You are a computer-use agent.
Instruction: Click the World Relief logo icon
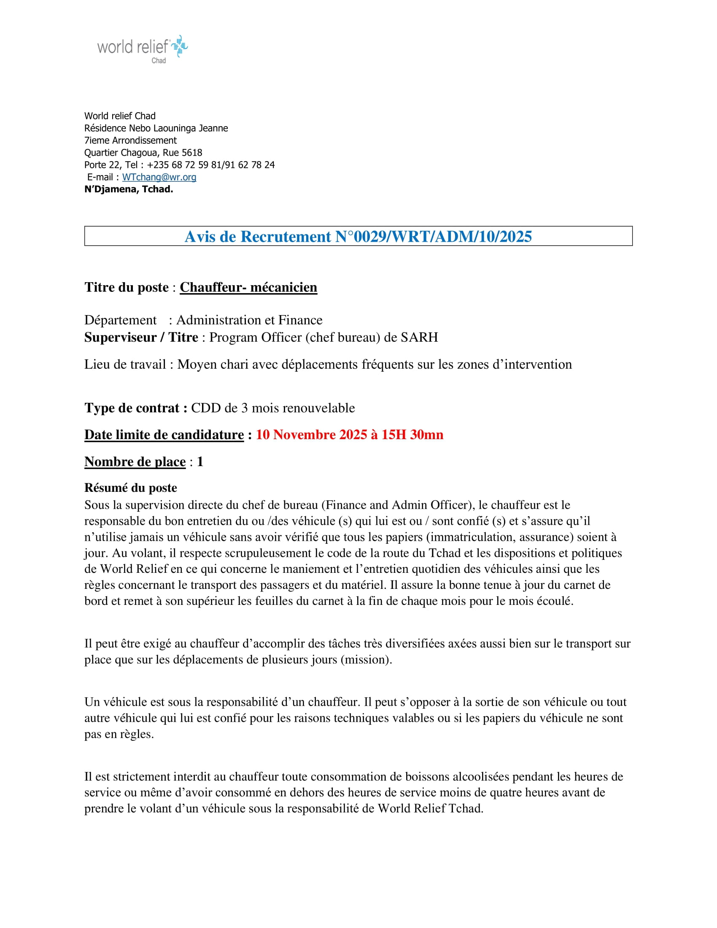pyautogui.click(x=180, y=46)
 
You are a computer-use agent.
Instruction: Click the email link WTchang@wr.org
pyautogui.click(x=159, y=177)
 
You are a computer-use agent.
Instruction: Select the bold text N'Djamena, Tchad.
pyautogui.click(x=129, y=189)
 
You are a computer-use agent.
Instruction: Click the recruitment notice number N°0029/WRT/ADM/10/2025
pyautogui.click(x=433, y=237)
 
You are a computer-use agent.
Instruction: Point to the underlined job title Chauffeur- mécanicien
pyautogui.click(x=248, y=288)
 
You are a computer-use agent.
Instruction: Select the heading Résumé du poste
pyautogui.click(x=130, y=488)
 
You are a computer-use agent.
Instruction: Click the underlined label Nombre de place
pyautogui.click(x=135, y=462)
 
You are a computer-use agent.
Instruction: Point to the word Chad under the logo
pyautogui.click(x=159, y=61)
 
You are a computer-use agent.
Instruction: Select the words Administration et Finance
pyautogui.click(x=249, y=320)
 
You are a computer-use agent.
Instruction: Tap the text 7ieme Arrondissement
pyautogui.click(x=130, y=140)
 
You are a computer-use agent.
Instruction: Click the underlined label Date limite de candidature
pyautogui.click(x=164, y=434)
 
